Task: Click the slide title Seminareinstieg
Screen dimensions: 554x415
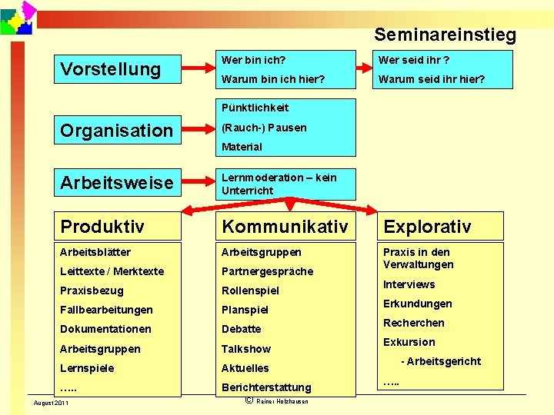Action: point(445,35)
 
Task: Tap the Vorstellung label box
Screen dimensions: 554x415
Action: point(119,69)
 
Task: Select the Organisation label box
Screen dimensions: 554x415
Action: point(119,130)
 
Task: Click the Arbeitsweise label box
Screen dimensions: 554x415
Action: point(119,183)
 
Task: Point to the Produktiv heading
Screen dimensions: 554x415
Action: point(119,226)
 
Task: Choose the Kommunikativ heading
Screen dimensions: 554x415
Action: point(285,226)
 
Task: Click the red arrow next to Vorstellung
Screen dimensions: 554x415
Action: point(195,69)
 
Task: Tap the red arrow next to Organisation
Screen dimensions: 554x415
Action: point(195,130)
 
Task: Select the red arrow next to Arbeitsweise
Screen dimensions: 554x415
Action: point(195,183)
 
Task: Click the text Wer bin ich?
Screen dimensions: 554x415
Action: point(254,59)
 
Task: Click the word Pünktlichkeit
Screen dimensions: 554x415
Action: point(255,108)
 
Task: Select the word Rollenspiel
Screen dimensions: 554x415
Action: point(250,290)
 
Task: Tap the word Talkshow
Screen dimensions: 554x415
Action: point(245,349)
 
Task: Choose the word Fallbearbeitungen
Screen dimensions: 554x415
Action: point(106,310)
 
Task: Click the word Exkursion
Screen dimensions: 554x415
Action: point(409,342)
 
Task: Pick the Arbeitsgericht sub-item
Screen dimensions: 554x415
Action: point(441,361)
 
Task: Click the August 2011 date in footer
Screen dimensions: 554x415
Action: point(50,403)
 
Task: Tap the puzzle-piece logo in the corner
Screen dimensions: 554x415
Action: point(18,18)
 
